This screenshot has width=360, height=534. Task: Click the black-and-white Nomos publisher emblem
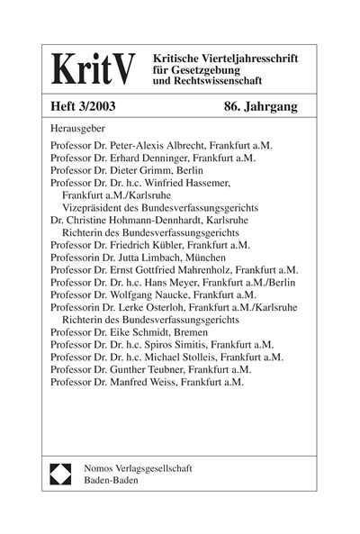[x=60, y=475]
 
